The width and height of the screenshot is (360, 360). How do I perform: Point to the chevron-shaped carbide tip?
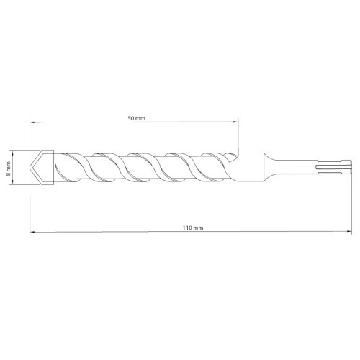coord(41,167)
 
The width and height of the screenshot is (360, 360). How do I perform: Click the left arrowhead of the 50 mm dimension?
coord(33,122)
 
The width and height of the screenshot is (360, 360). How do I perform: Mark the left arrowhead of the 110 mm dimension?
coord(33,233)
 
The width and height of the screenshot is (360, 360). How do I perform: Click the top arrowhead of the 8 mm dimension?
coord(14,152)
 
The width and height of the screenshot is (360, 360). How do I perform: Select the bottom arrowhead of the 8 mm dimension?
coord(14,182)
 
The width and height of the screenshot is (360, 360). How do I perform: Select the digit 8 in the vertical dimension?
coord(8,174)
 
